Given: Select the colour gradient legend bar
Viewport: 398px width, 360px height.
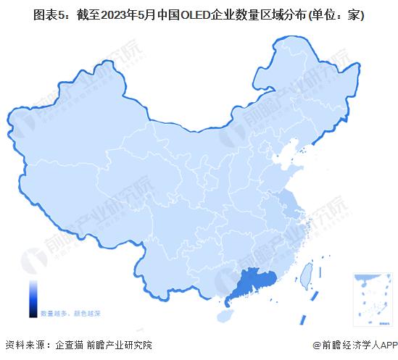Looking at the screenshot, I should click(33, 299).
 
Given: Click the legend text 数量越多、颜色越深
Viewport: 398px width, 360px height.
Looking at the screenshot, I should click(70, 313).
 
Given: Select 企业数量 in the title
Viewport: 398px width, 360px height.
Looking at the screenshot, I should click(254, 14).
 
